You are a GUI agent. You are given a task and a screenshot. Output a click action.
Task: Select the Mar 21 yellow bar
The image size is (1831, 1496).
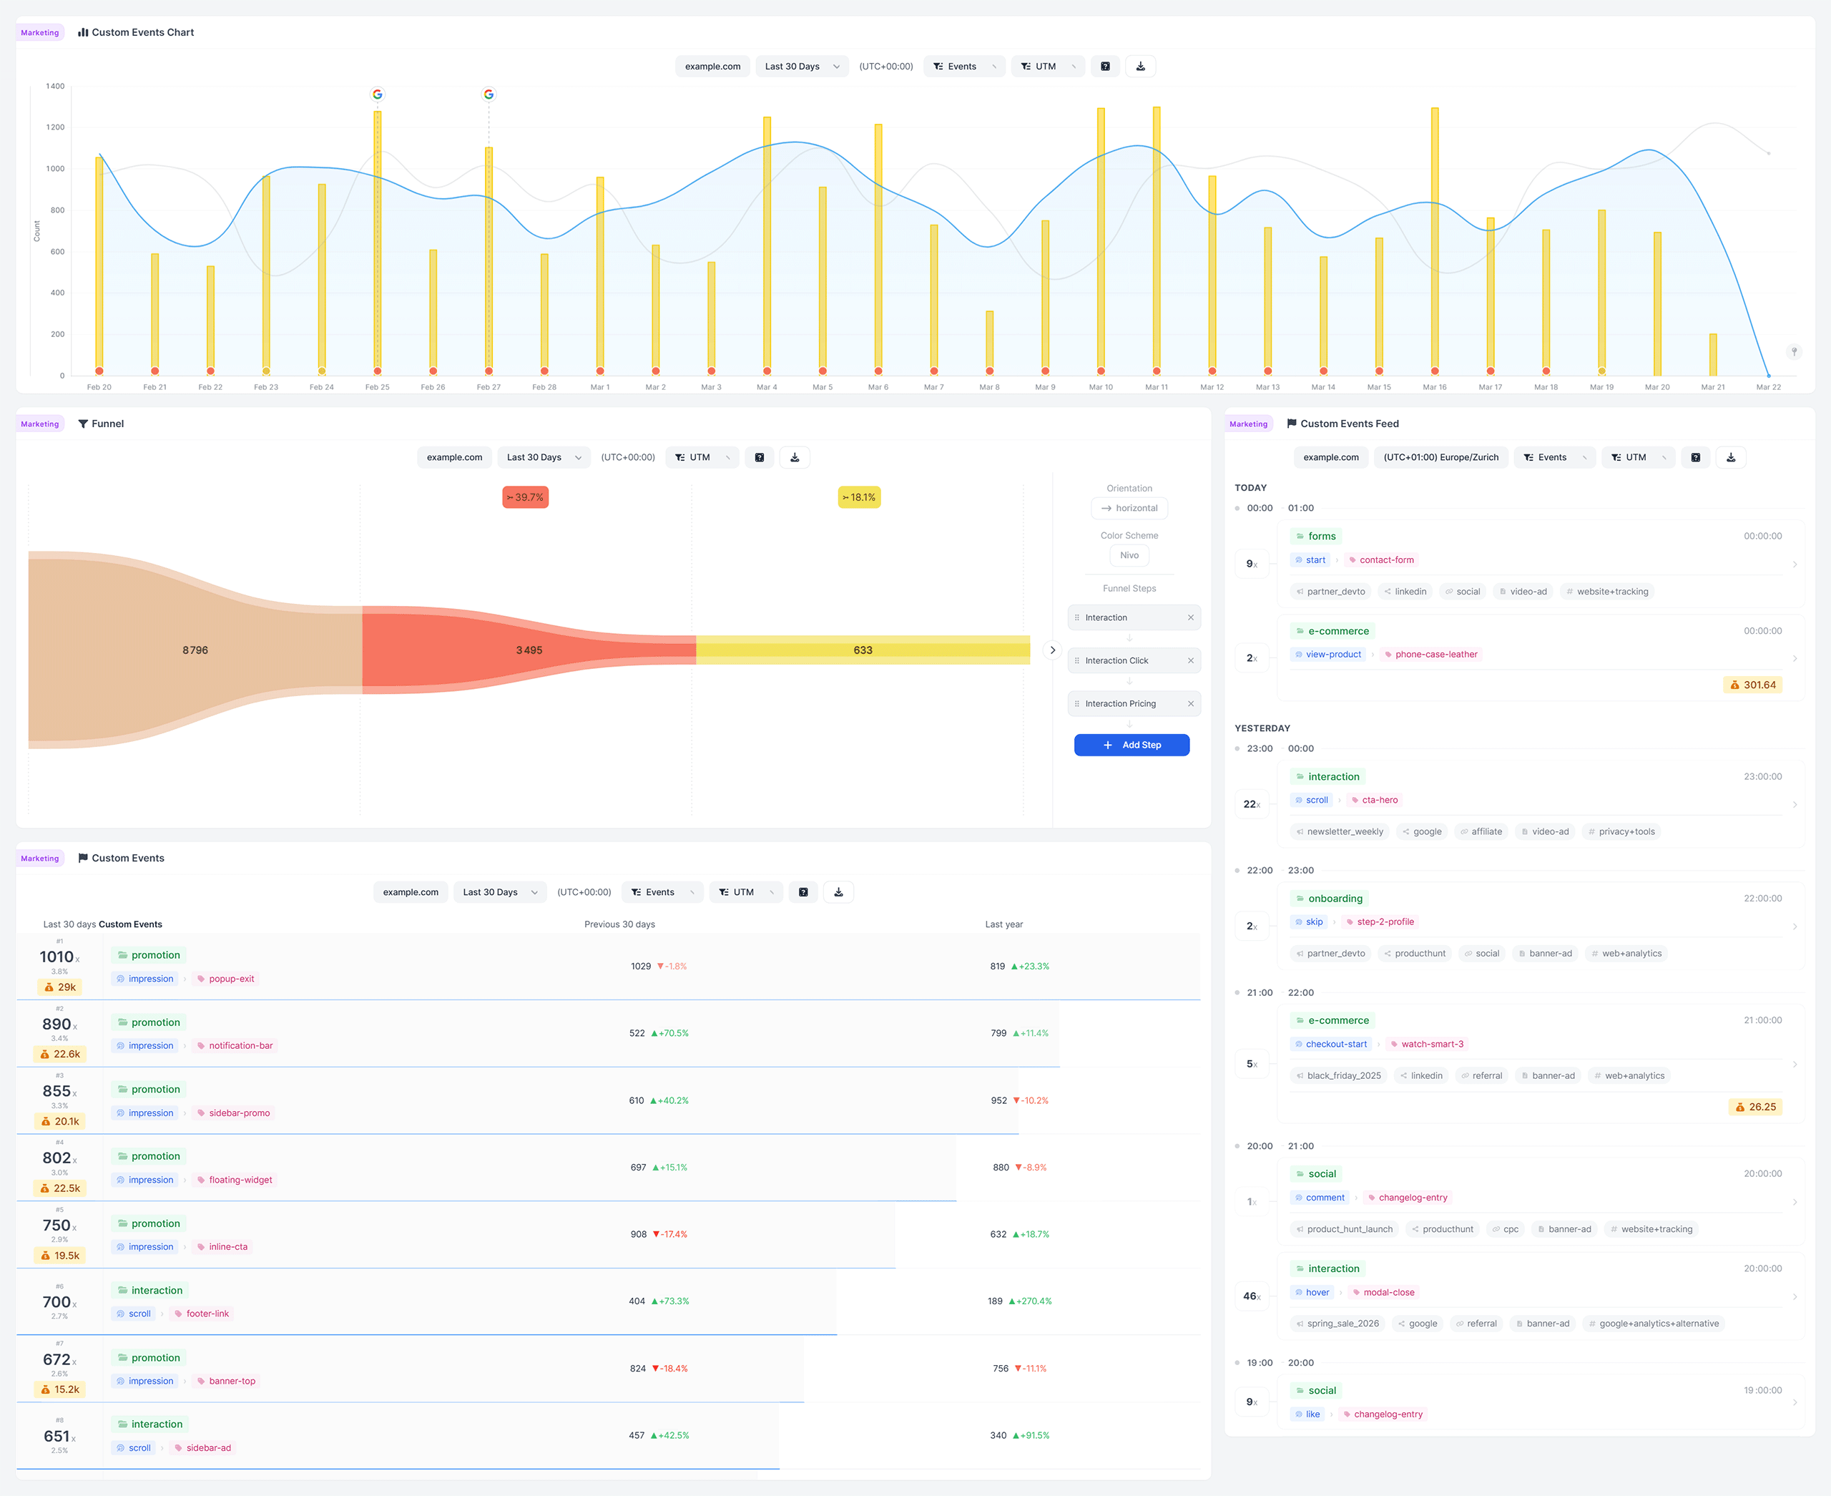[x=1713, y=354]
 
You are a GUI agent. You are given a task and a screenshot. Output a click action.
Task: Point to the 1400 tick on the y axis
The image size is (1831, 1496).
[x=55, y=86]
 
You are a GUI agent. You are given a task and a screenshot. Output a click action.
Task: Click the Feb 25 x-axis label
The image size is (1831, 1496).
[x=378, y=387]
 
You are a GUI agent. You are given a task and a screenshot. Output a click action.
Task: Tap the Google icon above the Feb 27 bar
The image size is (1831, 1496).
[x=489, y=94]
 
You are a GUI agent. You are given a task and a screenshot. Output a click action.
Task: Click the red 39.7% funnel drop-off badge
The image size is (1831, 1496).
[x=526, y=497]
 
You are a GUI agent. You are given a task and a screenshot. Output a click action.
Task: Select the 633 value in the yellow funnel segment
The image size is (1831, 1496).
[x=863, y=650]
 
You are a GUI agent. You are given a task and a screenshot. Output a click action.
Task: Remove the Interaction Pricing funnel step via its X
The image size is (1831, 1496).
[x=1191, y=703]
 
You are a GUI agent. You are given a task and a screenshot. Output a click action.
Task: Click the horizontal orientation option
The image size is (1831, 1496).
[x=1129, y=509]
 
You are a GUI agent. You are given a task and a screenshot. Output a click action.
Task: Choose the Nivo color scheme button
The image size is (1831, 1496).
[x=1129, y=555]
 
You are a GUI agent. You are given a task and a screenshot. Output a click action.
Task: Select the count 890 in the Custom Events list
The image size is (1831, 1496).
[x=57, y=1024]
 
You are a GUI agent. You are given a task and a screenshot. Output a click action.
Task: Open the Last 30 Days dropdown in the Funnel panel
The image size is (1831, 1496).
[x=544, y=458]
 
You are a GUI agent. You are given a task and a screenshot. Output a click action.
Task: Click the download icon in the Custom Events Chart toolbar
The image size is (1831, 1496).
[x=1140, y=67]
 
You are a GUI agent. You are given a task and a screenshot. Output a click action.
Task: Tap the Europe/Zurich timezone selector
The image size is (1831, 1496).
[x=1440, y=458]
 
